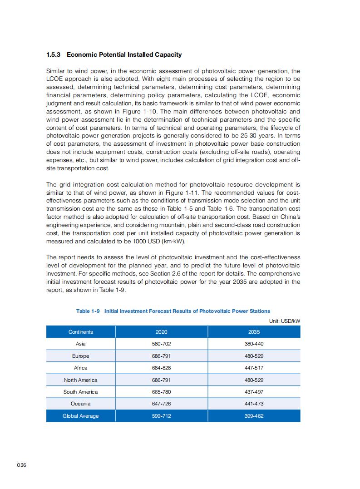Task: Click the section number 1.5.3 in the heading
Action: click(54, 55)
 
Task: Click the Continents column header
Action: click(80, 332)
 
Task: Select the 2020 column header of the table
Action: click(161, 332)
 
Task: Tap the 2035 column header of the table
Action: click(254, 332)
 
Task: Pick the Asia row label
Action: click(80, 344)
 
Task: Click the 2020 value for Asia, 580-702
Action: click(161, 344)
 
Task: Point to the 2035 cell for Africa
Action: click(254, 368)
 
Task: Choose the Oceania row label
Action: click(80, 404)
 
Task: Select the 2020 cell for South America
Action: click(161, 392)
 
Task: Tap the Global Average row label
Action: click(80, 416)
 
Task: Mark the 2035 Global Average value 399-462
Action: click(254, 416)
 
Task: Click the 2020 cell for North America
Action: click(161, 380)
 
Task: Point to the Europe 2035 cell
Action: click(254, 356)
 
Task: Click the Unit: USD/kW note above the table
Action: click(285, 321)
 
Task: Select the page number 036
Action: click(21, 465)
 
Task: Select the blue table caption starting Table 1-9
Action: click(173, 311)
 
